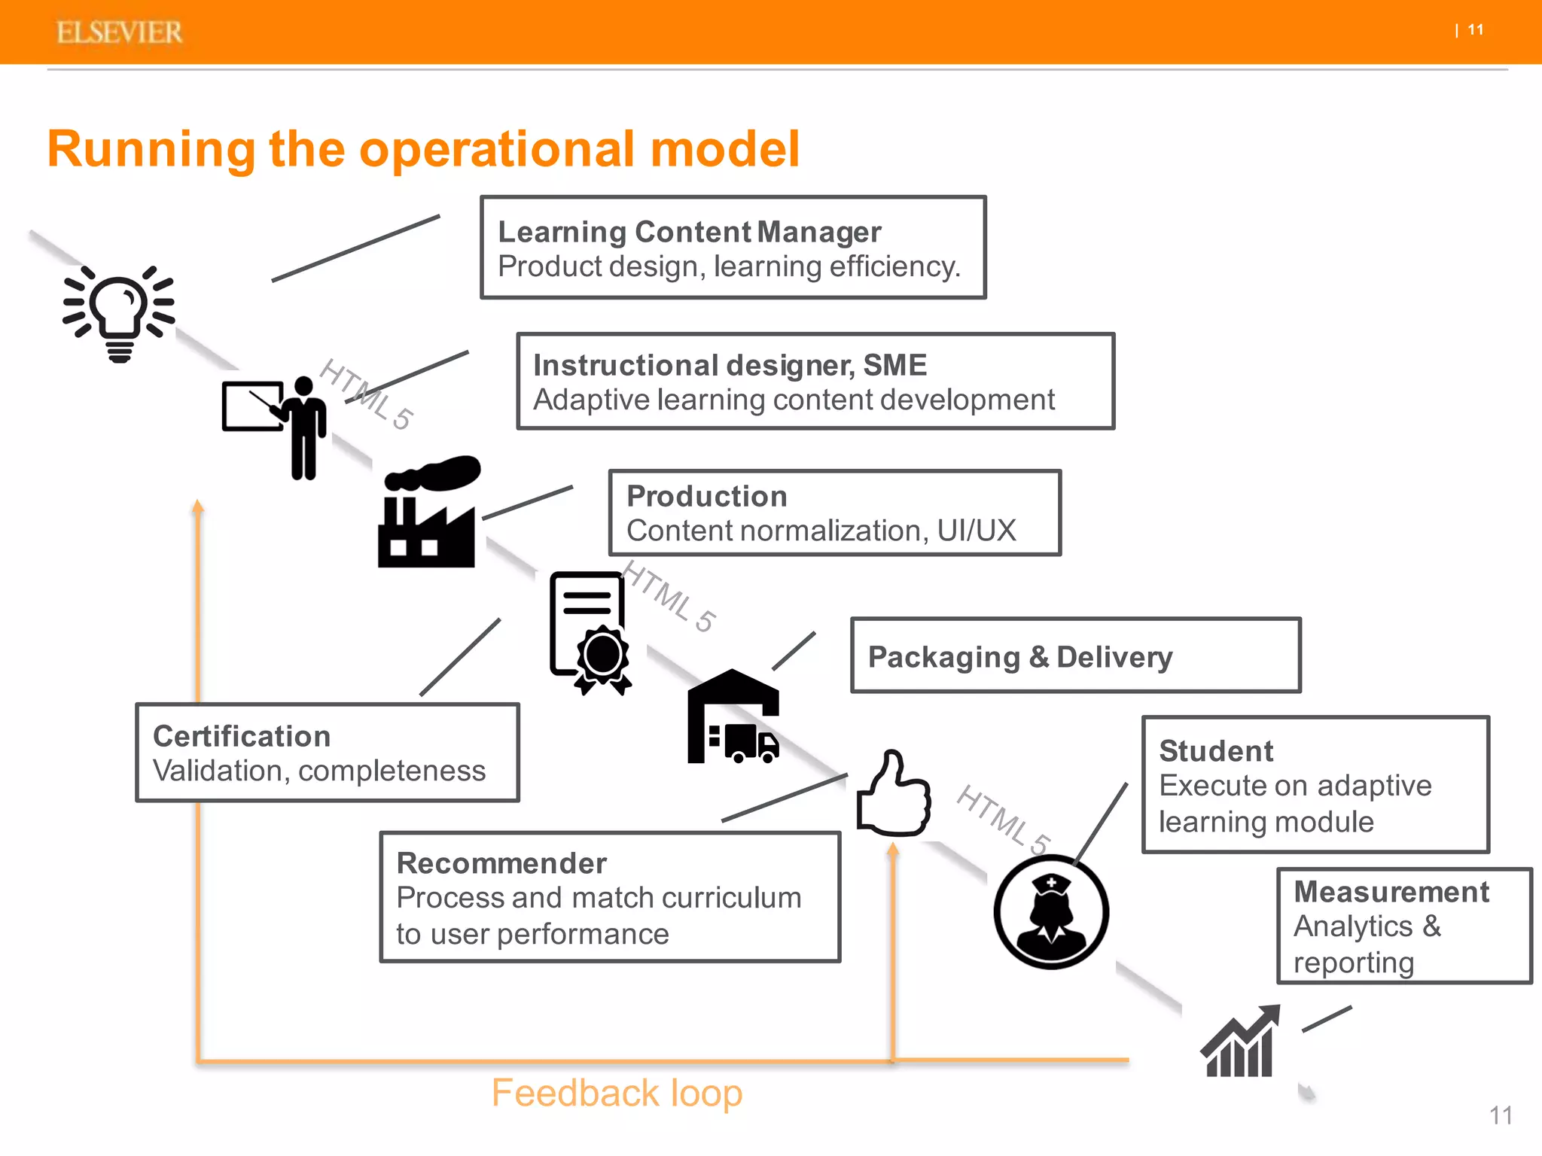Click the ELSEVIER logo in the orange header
pyautogui.click(x=119, y=32)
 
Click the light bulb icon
pyautogui.click(x=119, y=312)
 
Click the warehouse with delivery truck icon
pyautogui.click(x=733, y=719)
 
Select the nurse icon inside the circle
pyautogui.click(x=1051, y=912)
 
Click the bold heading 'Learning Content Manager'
pyautogui.click(x=689, y=232)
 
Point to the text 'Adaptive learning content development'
pyautogui.click(x=794, y=400)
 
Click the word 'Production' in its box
pyautogui.click(x=706, y=496)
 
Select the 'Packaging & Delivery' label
pyautogui.click(x=1019, y=657)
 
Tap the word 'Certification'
pyautogui.click(x=242, y=736)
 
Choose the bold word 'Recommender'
pyautogui.click(x=501, y=863)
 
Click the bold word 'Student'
pyautogui.click(x=1216, y=751)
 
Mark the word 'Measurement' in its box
pyautogui.click(x=1391, y=892)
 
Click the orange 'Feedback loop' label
pyautogui.click(x=617, y=1093)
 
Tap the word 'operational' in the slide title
pyautogui.click(x=498, y=149)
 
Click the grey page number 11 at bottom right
pyautogui.click(x=1500, y=1115)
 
